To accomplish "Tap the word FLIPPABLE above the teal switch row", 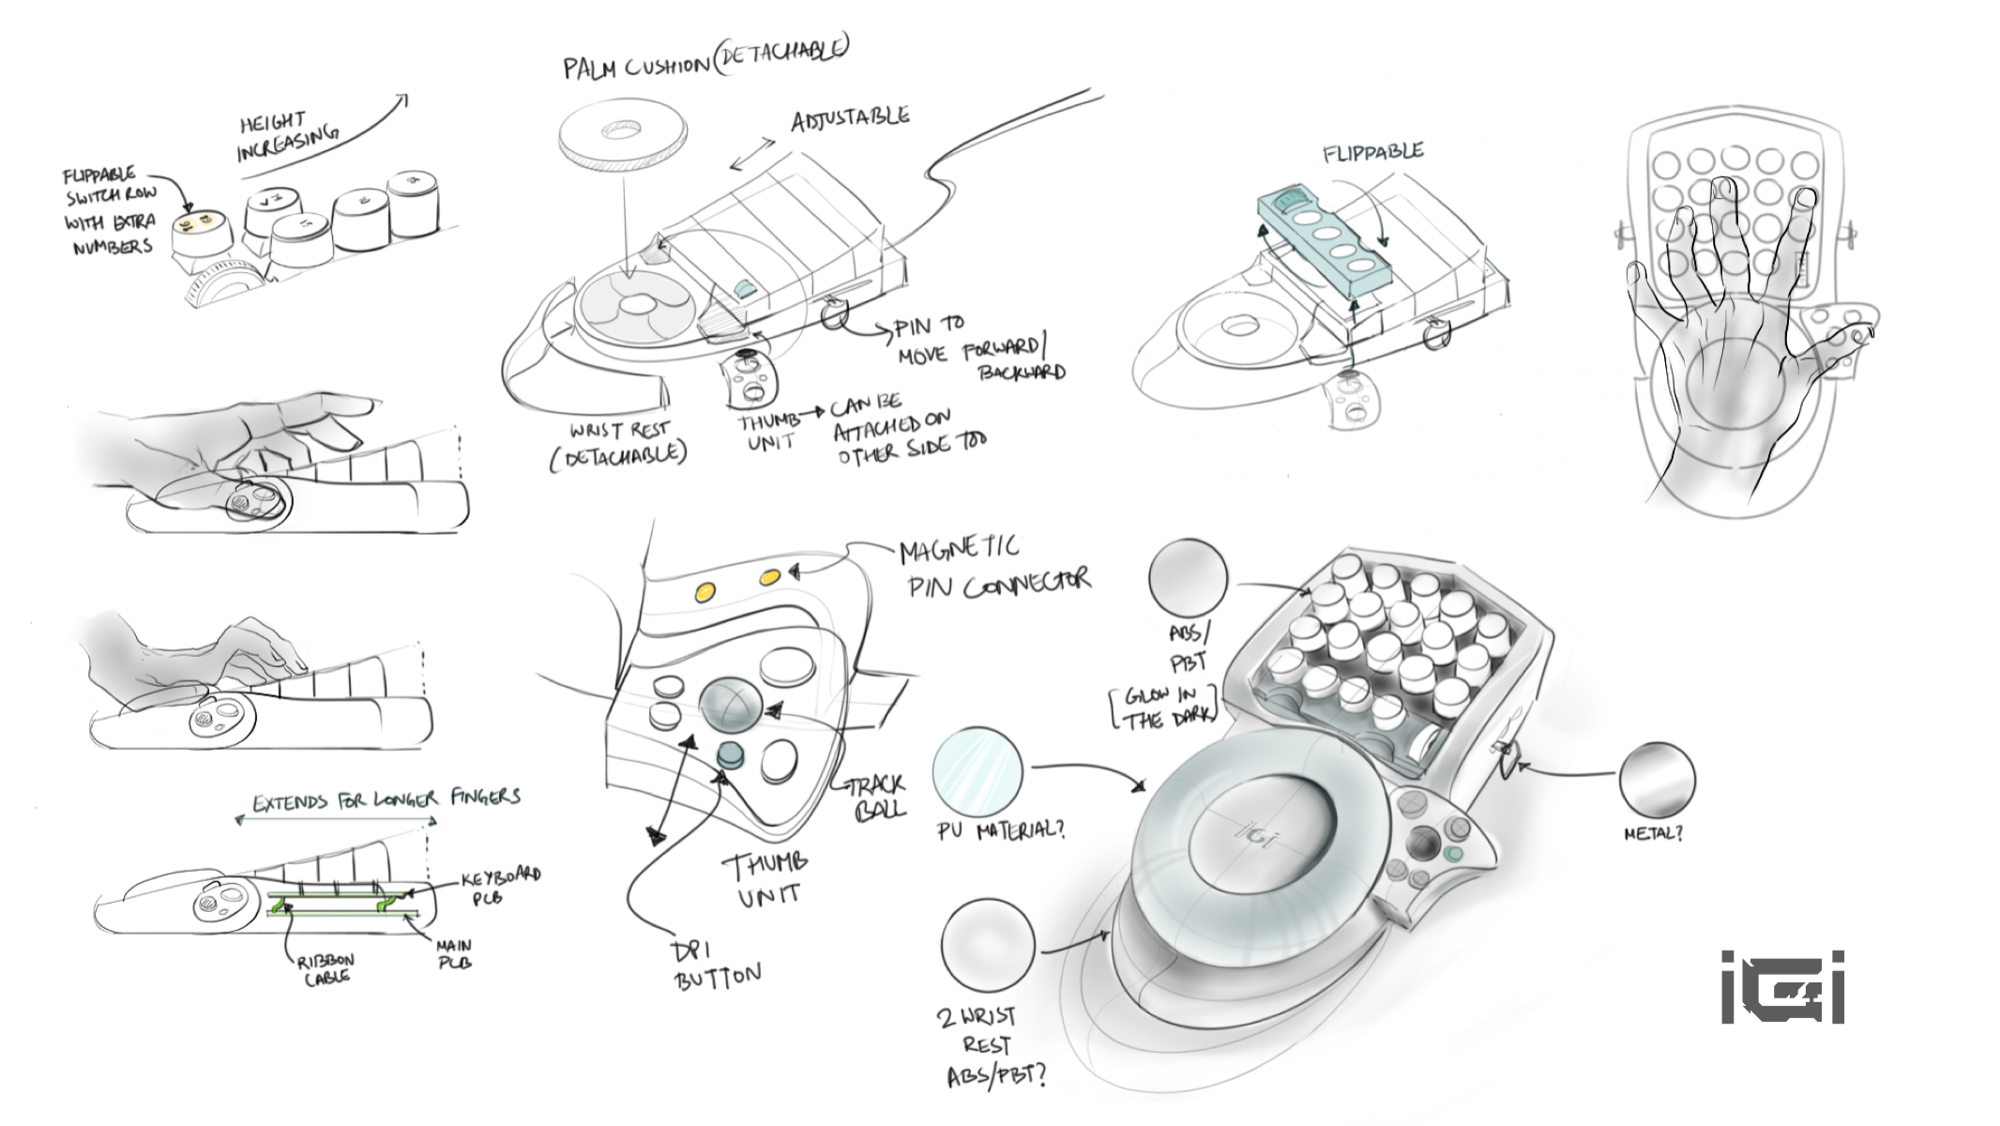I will [1372, 152].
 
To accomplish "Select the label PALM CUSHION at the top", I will [636, 67].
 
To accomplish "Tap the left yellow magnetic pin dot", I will [705, 591].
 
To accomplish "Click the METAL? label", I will [1653, 833].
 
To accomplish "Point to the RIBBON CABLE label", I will [326, 968].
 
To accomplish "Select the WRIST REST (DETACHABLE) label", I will [619, 443].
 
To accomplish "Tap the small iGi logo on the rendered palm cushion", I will [1258, 833].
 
